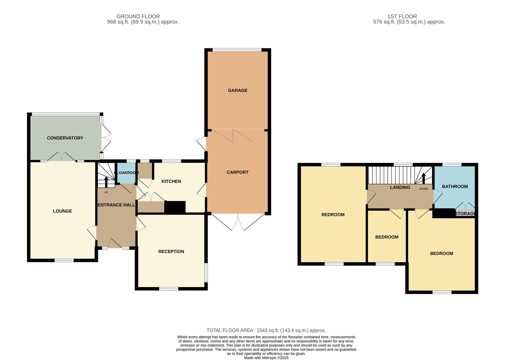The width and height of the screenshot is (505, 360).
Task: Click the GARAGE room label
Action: (x=238, y=90)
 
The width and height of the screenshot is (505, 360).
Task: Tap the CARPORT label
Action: (x=238, y=172)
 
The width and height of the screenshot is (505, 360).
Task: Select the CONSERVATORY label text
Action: (x=65, y=138)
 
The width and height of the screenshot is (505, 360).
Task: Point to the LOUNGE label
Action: (x=62, y=211)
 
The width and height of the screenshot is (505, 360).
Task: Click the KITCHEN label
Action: (x=171, y=181)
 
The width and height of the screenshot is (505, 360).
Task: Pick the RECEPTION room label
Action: (x=171, y=252)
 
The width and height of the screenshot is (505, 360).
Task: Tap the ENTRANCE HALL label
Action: (x=116, y=205)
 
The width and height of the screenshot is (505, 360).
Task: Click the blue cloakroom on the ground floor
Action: (x=126, y=173)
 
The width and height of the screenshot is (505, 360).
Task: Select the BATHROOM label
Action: (x=455, y=187)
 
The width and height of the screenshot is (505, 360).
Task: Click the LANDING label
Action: (x=400, y=187)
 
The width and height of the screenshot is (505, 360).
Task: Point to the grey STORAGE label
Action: (x=465, y=213)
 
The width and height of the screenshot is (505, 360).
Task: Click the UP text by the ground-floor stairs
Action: (x=106, y=192)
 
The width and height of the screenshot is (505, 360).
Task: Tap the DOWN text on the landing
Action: (x=424, y=189)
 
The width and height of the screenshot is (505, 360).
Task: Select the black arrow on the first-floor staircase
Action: (x=424, y=178)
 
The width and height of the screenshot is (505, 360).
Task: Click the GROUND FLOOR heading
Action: (x=138, y=16)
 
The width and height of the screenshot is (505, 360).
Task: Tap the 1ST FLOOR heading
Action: (x=402, y=16)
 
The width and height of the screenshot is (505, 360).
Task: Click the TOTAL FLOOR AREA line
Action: (x=266, y=330)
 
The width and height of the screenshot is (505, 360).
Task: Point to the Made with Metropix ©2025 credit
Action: (x=266, y=358)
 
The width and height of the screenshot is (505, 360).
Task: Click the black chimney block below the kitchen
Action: (x=175, y=207)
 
